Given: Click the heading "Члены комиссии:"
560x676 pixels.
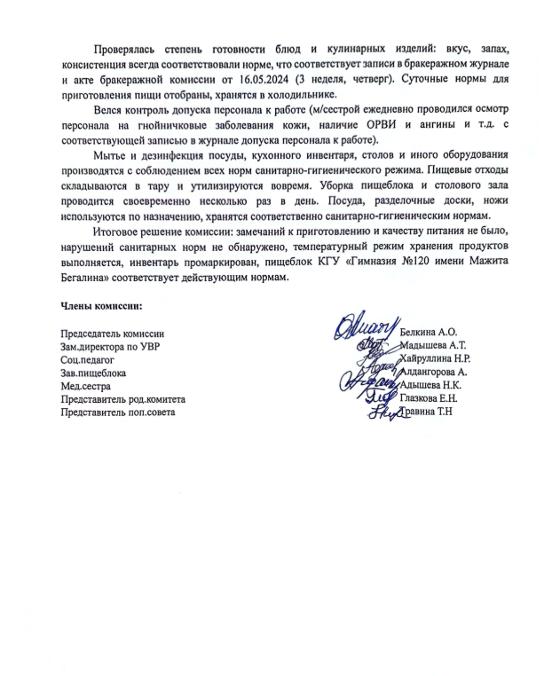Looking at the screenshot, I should click(99, 306).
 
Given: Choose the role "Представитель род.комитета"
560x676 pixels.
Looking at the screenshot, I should click(120, 399).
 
